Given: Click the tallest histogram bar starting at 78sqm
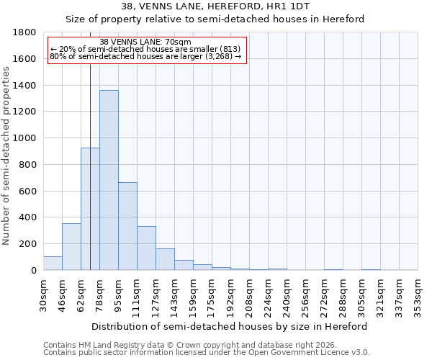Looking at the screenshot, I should [109, 180].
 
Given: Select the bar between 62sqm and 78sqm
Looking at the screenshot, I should [90, 209].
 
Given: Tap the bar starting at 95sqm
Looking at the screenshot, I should [127, 226].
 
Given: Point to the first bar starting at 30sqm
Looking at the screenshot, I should [53, 264].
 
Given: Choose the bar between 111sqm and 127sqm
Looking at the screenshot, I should [146, 248].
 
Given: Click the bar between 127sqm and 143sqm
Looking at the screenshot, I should [165, 259].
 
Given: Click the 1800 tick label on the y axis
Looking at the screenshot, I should [25, 32].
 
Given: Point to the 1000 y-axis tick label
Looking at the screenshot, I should [25, 138].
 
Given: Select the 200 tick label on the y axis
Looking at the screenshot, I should [28, 244].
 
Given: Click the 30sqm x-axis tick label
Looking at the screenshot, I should [44, 293].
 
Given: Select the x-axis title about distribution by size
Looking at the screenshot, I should [230, 326].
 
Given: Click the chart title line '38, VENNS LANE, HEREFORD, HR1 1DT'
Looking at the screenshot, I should [215, 6].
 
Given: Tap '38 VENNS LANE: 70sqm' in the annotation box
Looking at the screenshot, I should [145, 42].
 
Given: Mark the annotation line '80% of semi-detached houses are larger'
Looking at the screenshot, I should [145, 57].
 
